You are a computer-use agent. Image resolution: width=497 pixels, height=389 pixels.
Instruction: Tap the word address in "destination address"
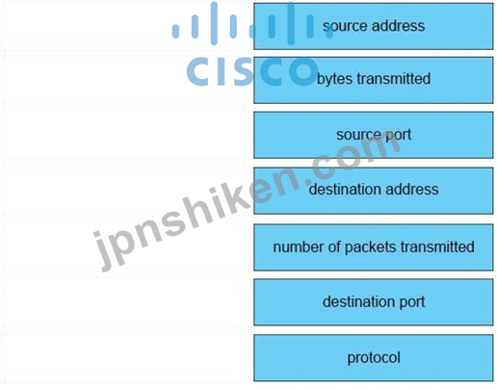pyautogui.click(x=412, y=189)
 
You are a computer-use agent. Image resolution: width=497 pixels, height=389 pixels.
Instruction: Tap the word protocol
pyautogui.click(x=374, y=357)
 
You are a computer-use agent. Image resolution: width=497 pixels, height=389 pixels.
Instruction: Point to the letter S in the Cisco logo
pyautogui.click(x=245, y=71)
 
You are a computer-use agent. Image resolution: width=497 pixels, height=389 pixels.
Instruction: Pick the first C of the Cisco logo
pyautogui.click(x=198, y=71)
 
